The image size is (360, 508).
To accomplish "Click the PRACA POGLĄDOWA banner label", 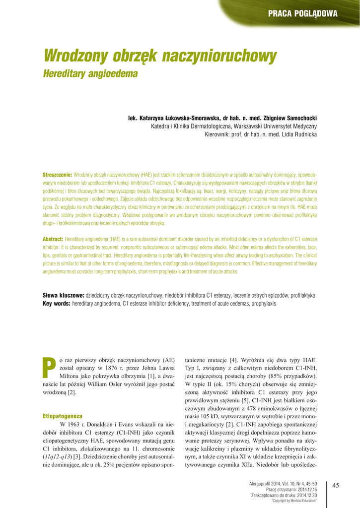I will click(x=302, y=13).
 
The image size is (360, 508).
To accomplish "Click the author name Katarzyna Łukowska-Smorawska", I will click(x=170, y=118).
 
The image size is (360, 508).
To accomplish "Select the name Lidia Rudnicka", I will click(x=298, y=134).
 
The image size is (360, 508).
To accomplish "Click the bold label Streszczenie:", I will click(x=58, y=176).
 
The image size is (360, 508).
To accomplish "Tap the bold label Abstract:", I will click(x=53, y=239).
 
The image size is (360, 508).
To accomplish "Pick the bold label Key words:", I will click(x=56, y=303).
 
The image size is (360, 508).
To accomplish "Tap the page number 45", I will click(x=335, y=485).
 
